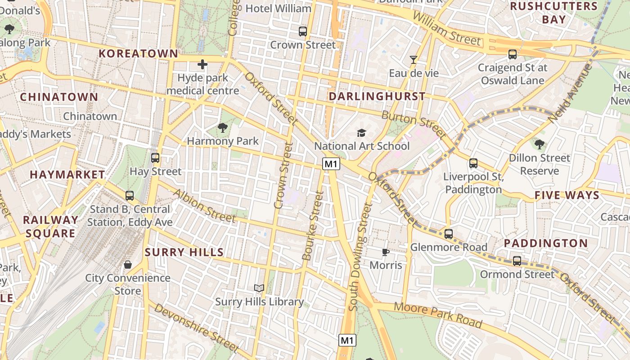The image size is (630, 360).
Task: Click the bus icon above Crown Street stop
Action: [303, 31]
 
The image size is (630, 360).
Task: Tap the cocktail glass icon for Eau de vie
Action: [414, 59]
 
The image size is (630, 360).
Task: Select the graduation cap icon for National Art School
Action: [361, 133]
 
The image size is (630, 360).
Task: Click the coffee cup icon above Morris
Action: [385, 252]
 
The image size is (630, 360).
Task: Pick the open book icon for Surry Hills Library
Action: [259, 288]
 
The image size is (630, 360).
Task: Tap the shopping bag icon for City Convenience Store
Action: [128, 265]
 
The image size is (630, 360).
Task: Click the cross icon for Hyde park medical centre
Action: [202, 64]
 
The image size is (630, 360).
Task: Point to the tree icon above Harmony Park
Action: [223, 128]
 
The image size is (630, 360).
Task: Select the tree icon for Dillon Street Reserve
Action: [539, 144]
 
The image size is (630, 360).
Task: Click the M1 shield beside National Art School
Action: [331, 164]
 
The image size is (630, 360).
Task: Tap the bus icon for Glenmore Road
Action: [449, 234]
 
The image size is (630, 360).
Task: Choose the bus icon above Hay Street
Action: [155, 158]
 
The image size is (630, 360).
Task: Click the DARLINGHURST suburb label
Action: [377, 96]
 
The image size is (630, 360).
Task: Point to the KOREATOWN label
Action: [139, 54]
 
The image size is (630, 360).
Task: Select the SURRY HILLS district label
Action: [184, 252]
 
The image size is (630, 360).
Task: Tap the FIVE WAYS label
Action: [567, 195]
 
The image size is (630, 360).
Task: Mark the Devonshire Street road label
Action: [196, 328]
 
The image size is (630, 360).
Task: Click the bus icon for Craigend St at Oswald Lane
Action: [512, 54]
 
